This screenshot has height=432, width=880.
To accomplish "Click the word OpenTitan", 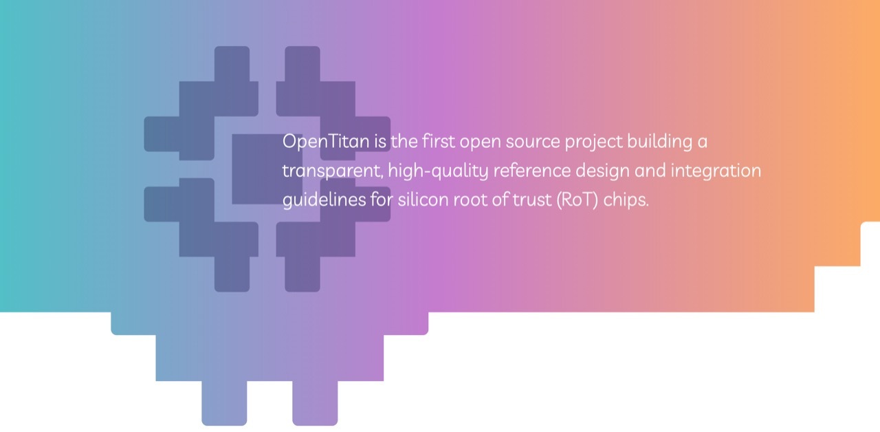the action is [x=326, y=142].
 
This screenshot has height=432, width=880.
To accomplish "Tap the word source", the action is [x=532, y=142].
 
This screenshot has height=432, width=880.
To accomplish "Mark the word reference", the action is [x=532, y=171].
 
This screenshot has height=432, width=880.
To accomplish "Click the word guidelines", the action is [x=324, y=200].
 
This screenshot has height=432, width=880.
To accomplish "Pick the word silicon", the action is [x=423, y=199].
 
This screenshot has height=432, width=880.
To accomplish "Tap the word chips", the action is [x=626, y=200].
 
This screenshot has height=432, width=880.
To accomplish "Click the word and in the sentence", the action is [x=650, y=171].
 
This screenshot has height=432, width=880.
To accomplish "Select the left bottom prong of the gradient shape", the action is [x=224, y=403].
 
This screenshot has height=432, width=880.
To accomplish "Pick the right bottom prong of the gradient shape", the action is [x=315, y=403].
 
